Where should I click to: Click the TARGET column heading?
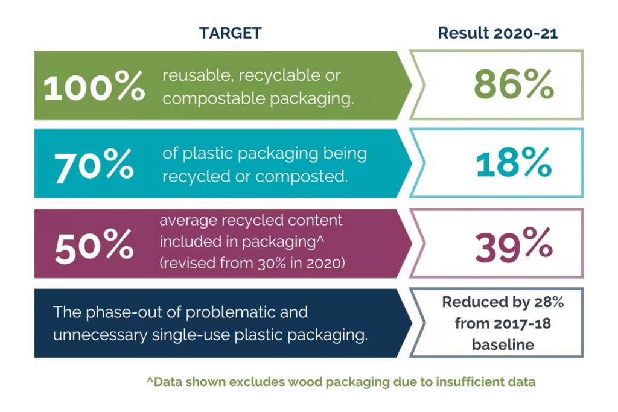click(x=230, y=33)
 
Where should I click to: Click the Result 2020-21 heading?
click(x=498, y=33)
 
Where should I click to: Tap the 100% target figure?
click(x=94, y=86)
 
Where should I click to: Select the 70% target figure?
click(x=94, y=165)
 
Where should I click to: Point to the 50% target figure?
click(x=94, y=246)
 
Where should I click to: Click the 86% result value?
click(x=514, y=84)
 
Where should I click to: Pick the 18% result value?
click(x=514, y=162)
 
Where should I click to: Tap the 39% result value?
click(x=514, y=245)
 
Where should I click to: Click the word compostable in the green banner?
click(x=214, y=98)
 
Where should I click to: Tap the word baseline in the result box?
click(x=503, y=344)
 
